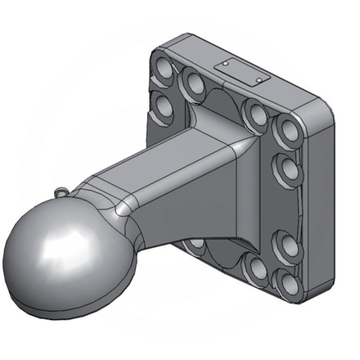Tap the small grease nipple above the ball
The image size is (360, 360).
(x=63, y=191)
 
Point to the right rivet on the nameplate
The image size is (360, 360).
(x=260, y=79)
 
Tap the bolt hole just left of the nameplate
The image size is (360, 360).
(x=196, y=81)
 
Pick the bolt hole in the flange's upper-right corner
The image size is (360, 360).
(x=289, y=128)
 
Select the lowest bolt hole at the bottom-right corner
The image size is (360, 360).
(x=287, y=282)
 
